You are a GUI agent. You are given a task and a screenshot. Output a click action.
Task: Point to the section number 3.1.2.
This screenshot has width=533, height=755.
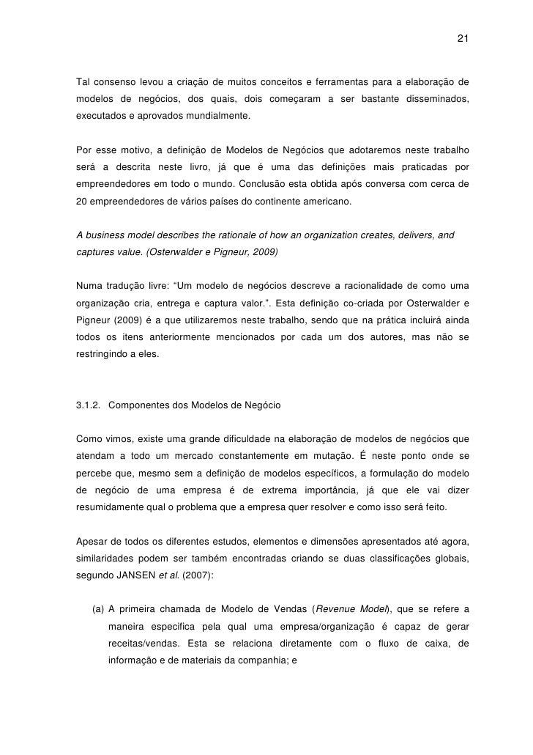[88, 405]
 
